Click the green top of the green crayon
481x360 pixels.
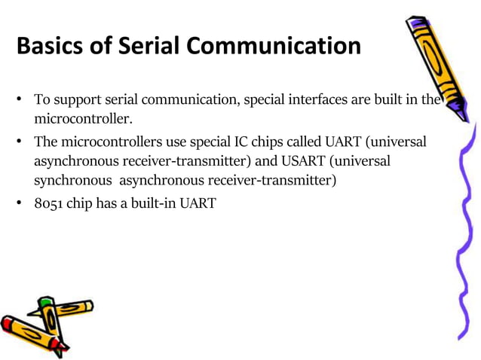[46, 304]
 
